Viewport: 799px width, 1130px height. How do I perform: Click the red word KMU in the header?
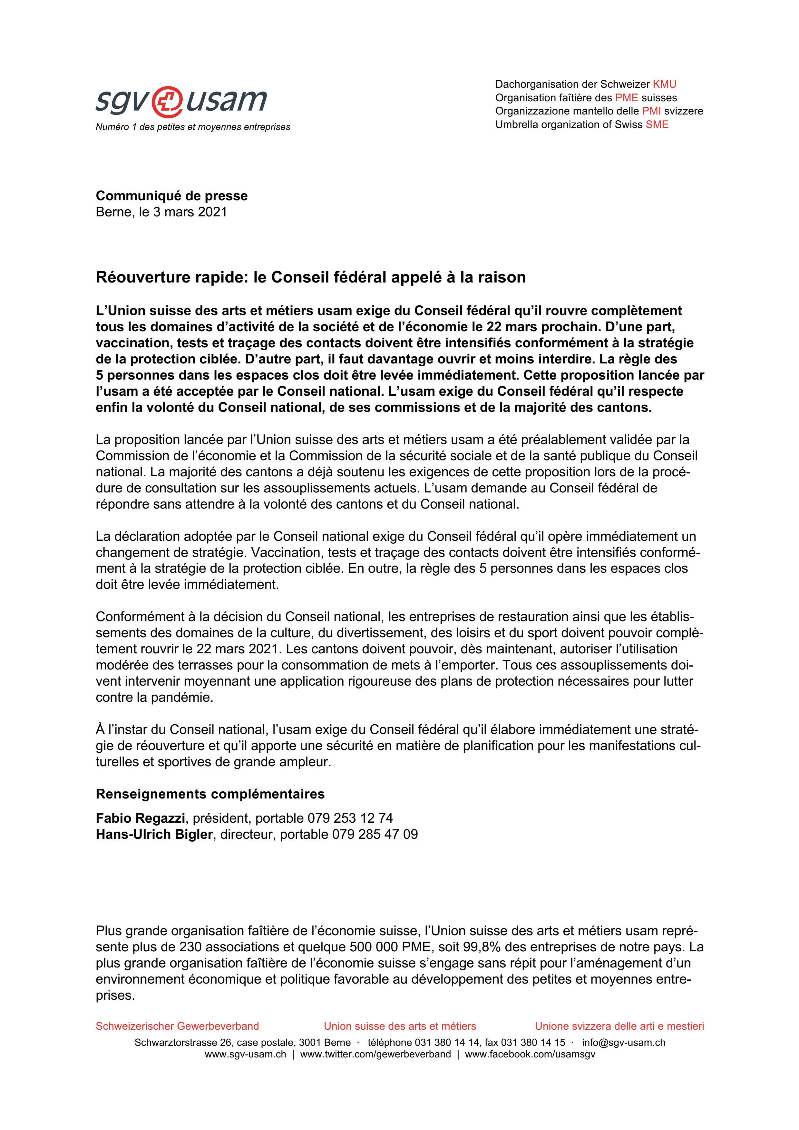click(664, 84)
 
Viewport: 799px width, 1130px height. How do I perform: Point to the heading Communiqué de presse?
click(172, 196)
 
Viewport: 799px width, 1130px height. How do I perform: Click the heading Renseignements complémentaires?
click(210, 794)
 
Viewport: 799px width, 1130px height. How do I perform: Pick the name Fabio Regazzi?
click(140, 818)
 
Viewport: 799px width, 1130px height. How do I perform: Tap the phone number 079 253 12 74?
click(350, 818)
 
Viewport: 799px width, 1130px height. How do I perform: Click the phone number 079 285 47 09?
click(375, 834)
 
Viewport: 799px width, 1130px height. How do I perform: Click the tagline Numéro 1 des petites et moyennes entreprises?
click(193, 127)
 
